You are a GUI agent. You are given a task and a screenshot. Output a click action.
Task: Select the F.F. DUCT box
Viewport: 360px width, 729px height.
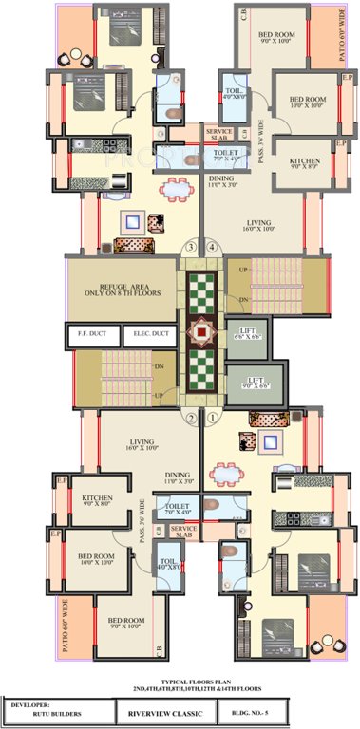(92, 335)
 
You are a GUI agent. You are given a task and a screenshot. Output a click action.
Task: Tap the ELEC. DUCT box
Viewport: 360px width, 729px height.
(147, 335)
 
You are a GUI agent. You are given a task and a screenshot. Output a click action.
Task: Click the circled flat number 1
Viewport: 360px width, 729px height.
(213, 416)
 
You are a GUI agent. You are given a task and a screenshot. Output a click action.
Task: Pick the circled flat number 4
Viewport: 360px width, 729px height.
(212, 248)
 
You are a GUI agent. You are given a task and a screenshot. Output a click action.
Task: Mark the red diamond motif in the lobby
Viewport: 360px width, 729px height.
(200, 333)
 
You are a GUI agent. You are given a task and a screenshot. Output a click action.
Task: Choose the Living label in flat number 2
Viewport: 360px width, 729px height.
(142, 443)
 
